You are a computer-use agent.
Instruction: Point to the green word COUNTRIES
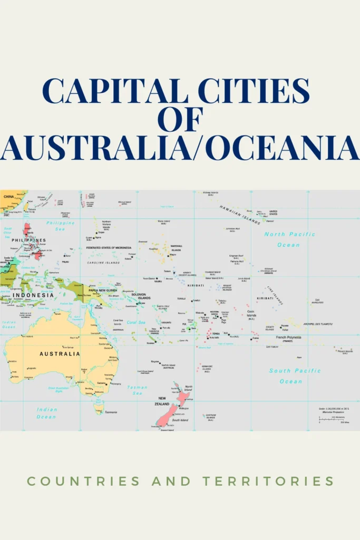point(83,481)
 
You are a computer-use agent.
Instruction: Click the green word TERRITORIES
point(268,481)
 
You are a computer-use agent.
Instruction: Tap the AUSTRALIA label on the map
point(60,353)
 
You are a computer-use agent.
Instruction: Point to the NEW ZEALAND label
point(162,400)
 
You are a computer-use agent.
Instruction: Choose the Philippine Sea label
point(61,226)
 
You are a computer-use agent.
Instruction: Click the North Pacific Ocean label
point(289,239)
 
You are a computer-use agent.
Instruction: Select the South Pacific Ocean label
point(294,375)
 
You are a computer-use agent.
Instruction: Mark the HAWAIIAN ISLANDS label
point(240,215)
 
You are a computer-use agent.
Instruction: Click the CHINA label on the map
point(9,196)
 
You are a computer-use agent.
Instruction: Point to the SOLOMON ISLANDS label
point(139,296)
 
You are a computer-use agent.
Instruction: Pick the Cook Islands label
point(251,314)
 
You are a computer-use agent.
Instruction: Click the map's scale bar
point(329,419)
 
